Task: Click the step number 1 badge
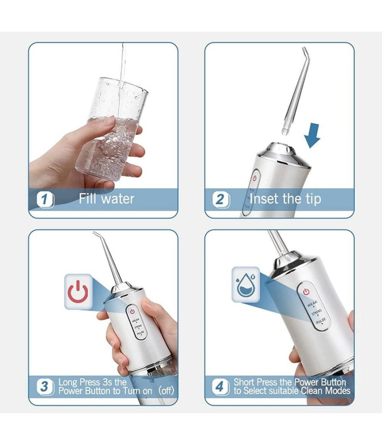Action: point(45,199)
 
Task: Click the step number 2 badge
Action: point(221,199)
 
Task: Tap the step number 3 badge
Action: point(45,386)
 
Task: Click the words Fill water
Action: point(107,198)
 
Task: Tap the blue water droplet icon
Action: point(246,284)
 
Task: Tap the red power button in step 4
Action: point(306,292)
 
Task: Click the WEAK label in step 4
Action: point(312,304)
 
